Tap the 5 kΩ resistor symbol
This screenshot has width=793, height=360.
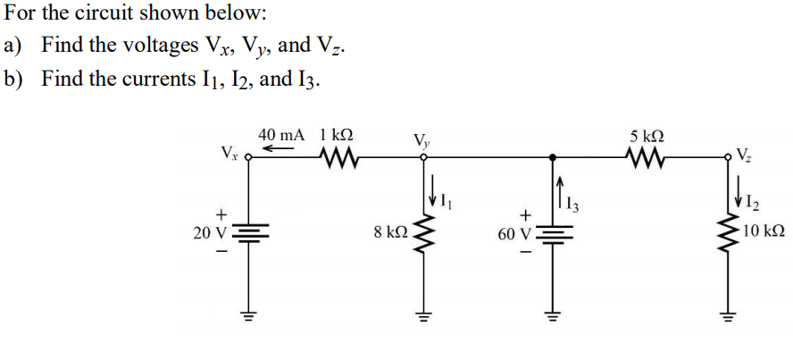click(x=646, y=161)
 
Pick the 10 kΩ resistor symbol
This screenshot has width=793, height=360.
click(x=726, y=235)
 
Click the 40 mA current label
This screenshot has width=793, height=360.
click(x=281, y=134)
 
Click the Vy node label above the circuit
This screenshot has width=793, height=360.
click(x=421, y=139)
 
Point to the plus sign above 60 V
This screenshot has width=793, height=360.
click(x=526, y=214)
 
